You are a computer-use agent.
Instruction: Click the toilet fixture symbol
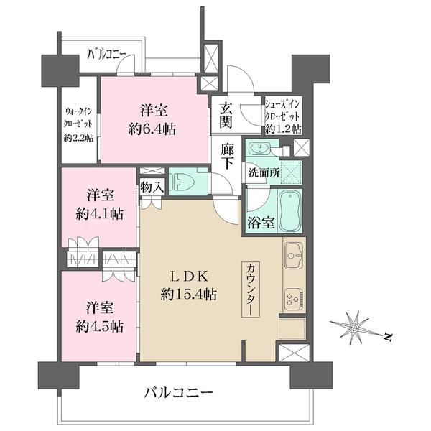coord(182,182)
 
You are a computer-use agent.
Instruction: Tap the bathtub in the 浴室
coord(290,211)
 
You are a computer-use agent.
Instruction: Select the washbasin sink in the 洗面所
coord(260,149)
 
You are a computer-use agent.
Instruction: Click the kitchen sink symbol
coord(294,255)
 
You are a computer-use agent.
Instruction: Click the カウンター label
coord(251,289)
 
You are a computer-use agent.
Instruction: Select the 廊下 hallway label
coord(227,156)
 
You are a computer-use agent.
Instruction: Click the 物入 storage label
coord(152,187)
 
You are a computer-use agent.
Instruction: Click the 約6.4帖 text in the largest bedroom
coord(152,129)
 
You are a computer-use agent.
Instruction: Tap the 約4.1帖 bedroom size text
coord(100,214)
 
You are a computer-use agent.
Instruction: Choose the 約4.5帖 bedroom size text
coord(100,327)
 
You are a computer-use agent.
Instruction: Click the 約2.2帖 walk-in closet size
coord(78,137)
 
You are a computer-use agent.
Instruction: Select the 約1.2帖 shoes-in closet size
coord(283,129)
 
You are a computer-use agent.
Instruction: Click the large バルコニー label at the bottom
coord(179,392)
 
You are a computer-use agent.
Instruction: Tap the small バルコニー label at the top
coord(107,54)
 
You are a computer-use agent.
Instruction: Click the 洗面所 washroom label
coord(264,173)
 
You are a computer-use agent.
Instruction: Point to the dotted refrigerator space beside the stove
coord(292,329)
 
